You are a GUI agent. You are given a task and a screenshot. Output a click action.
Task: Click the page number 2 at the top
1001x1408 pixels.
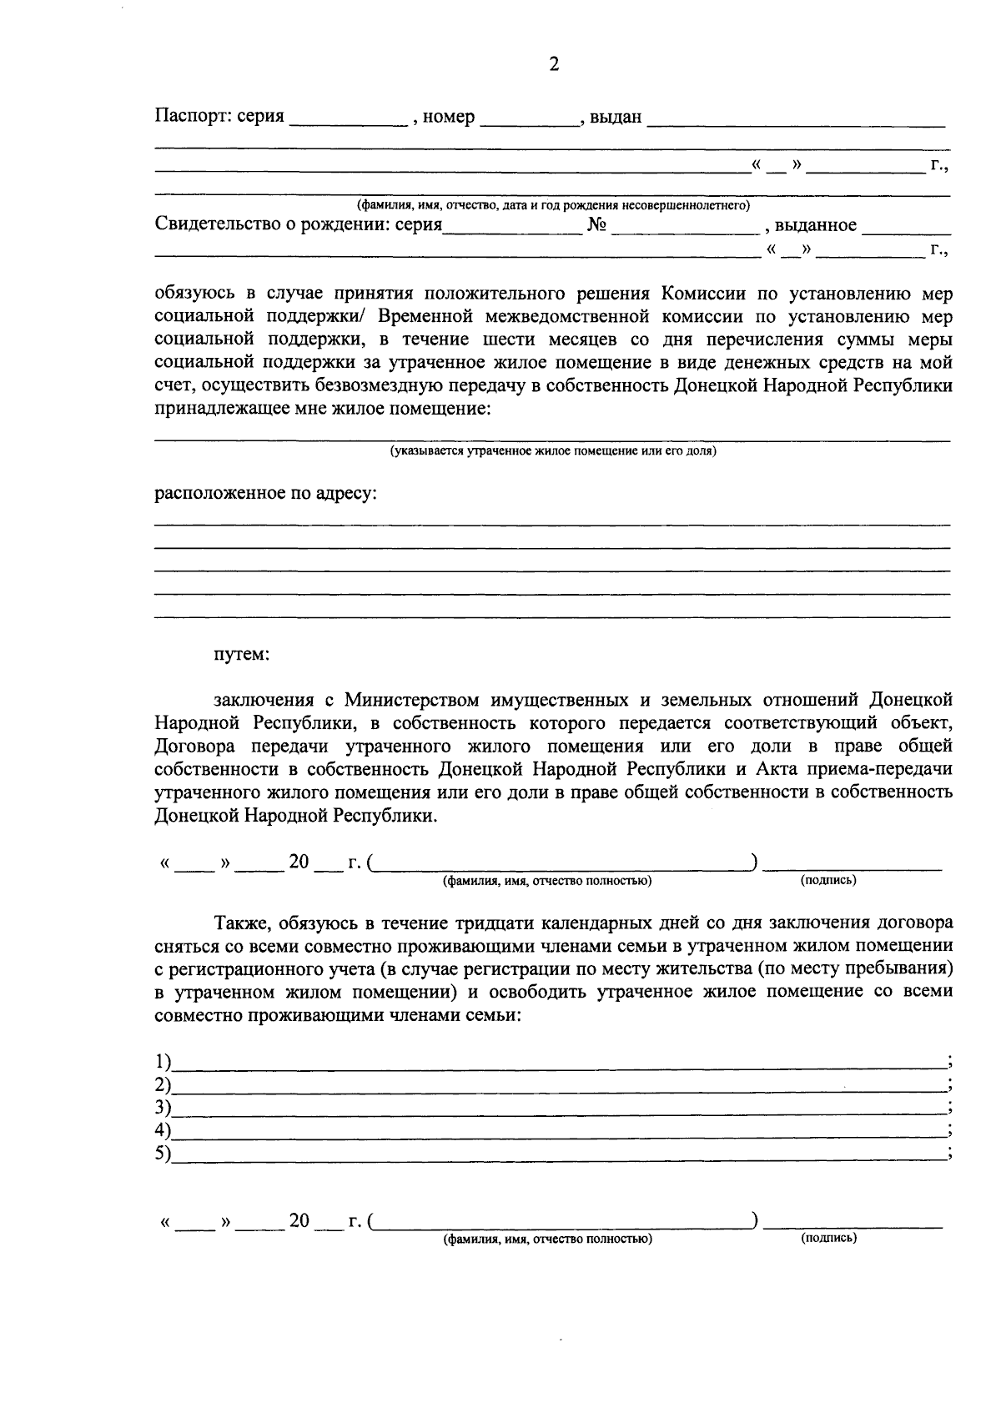(553, 65)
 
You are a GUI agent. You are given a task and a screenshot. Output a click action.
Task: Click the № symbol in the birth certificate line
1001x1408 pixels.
(596, 225)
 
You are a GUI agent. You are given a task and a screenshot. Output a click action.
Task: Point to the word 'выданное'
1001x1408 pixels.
(815, 225)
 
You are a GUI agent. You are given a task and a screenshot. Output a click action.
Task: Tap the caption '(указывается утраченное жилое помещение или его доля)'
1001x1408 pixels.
(553, 451)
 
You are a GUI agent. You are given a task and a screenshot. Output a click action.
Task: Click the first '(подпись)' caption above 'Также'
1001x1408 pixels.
(828, 880)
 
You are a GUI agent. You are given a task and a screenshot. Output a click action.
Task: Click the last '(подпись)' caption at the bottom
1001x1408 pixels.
(828, 1239)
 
